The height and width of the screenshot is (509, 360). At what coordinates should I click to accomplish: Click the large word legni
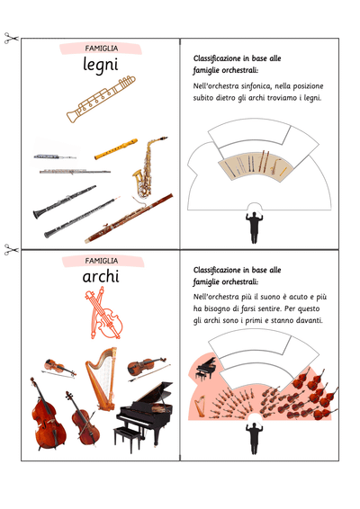(x=101, y=65)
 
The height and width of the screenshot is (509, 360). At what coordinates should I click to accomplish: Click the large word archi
(x=101, y=277)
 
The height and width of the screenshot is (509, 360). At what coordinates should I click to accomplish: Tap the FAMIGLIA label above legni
(x=102, y=49)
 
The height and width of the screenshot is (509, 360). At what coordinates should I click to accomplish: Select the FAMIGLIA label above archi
(x=102, y=261)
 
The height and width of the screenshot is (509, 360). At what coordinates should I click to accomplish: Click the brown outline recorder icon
(x=101, y=99)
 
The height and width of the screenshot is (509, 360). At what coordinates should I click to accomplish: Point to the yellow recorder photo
(x=116, y=149)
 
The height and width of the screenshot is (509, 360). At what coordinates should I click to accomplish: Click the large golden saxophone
(x=148, y=167)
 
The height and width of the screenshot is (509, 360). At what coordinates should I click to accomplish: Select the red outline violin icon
(x=103, y=313)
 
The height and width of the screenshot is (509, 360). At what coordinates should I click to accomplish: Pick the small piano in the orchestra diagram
(x=205, y=368)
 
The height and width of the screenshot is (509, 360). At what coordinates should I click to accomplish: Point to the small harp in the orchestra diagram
(x=200, y=406)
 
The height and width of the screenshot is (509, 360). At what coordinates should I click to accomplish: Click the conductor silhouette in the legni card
(x=254, y=228)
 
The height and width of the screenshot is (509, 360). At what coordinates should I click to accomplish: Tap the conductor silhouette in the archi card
(x=254, y=438)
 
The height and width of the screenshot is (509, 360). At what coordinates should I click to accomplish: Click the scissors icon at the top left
(x=11, y=38)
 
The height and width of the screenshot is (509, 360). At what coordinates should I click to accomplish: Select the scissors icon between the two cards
(x=11, y=250)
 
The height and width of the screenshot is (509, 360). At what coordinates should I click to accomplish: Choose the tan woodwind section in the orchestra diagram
(x=256, y=165)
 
